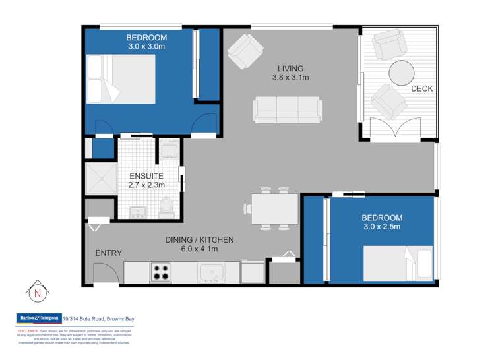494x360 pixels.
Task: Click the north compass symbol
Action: (x=36, y=291)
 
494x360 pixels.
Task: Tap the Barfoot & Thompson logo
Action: (x=38, y=318)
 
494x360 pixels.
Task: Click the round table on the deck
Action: (x=402, y=73)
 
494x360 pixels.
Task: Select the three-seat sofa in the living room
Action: (x=288, y=109)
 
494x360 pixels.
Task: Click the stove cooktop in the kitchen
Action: (x=161, y=271)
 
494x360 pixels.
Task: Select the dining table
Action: (x=272, y=210)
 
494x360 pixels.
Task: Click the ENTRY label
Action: (x=108, y=253)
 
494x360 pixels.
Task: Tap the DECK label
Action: (x=421, y=88)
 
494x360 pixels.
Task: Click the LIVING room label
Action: (x=290, y=68)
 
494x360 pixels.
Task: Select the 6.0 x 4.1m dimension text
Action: (x=199, y=249)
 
